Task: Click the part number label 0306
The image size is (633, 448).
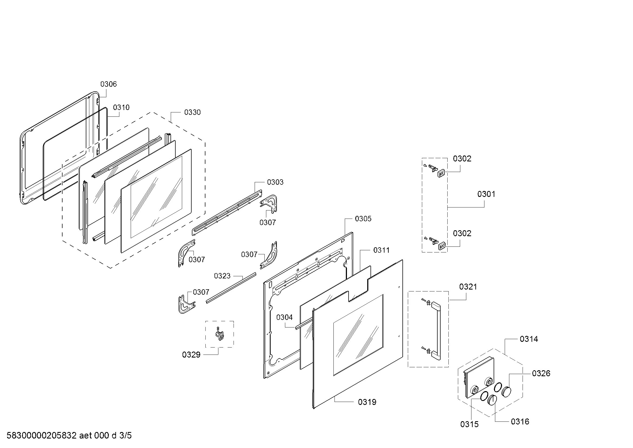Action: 108,84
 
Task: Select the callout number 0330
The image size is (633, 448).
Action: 192,112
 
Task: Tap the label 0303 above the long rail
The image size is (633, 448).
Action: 275,182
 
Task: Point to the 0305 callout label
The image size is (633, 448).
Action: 363,219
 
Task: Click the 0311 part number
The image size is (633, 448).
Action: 381,250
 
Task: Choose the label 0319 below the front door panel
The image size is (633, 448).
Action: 367,402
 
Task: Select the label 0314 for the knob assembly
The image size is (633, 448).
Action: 529,339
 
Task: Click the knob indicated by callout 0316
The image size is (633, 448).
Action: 492,400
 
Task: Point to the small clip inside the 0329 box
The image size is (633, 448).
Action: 220,334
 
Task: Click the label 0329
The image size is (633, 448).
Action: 191,355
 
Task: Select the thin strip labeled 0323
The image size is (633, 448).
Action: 231,288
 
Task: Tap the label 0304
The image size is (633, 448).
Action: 284,317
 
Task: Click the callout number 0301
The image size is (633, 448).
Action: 486,194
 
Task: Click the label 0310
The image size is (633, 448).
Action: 121,108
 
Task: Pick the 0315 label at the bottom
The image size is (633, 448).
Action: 469,424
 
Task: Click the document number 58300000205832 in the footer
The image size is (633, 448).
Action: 41,436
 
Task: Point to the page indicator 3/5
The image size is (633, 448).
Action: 126,436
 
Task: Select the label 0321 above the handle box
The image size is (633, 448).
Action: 468,287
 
